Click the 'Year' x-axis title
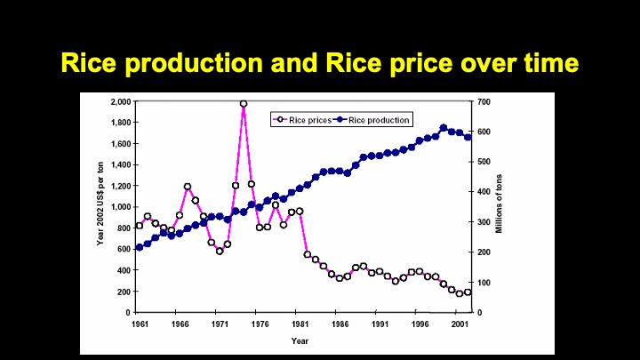pyautogui.click(x=300, y=340)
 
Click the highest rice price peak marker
pyautogui.click(x=244, y=104)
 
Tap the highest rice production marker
pyautogui.click(x=444, y=128)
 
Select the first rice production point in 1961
pyautogui.click(x=139, y=247)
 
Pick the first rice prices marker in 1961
pyautogui.click(x=139, y=225)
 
